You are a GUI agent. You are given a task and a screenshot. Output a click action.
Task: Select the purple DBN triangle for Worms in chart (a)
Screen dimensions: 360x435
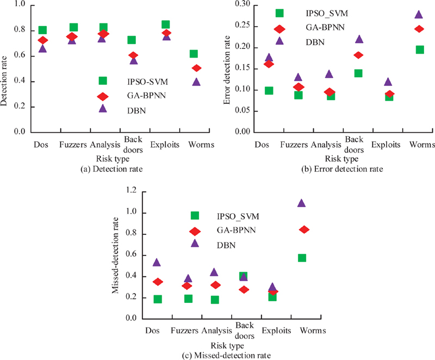196,82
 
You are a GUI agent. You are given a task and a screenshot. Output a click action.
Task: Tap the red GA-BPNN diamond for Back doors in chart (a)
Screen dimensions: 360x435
133,55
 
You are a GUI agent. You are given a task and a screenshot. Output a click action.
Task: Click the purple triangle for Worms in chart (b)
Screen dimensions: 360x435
419,15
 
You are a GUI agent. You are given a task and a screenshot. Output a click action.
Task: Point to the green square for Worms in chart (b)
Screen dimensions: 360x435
419,49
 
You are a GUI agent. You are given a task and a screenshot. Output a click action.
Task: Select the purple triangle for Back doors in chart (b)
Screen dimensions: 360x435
359,39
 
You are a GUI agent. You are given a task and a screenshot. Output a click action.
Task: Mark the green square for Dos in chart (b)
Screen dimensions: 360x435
269,90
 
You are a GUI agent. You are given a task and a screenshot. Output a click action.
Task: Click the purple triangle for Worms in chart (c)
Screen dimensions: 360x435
301,203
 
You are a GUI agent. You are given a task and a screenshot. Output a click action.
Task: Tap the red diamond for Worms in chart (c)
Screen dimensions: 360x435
304,229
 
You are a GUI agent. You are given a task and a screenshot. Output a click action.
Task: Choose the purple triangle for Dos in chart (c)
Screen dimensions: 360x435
157,262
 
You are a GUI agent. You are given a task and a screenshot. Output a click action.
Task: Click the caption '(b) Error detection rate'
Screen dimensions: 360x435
342,169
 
